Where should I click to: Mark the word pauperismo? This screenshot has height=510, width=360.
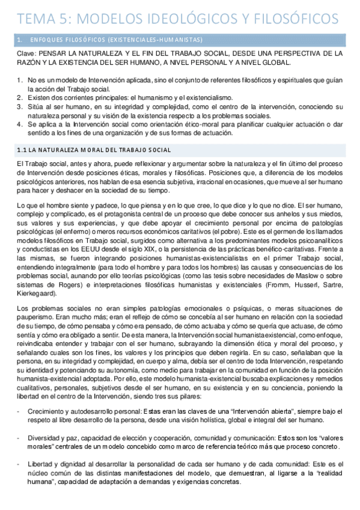point(34,317)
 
